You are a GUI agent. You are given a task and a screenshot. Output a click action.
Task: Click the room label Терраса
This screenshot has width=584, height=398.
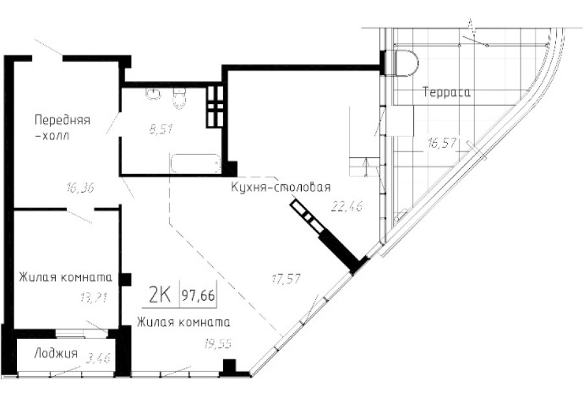(x=446, y=93)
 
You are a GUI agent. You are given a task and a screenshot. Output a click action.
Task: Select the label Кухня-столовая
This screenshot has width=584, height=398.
(x=281, y=188)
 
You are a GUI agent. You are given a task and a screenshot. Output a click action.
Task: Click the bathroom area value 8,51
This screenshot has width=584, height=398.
(x=160, y=129)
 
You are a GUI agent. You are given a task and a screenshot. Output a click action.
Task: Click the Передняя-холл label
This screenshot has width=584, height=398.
(x=62, y=128)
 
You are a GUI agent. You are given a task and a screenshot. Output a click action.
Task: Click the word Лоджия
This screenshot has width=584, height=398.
(x=56, y=354)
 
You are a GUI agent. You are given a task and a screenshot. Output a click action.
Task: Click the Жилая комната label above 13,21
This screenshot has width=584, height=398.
(x=65, y=277)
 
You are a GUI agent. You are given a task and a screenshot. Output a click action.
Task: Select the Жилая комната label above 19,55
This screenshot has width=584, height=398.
(x=183, y=321)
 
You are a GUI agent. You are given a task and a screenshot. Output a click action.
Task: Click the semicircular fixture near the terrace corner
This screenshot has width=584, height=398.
(x=404, y=62)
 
